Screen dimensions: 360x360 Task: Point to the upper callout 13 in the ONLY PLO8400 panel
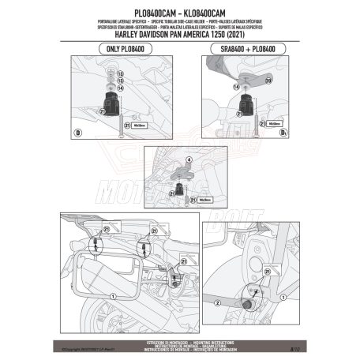[119, 72]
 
